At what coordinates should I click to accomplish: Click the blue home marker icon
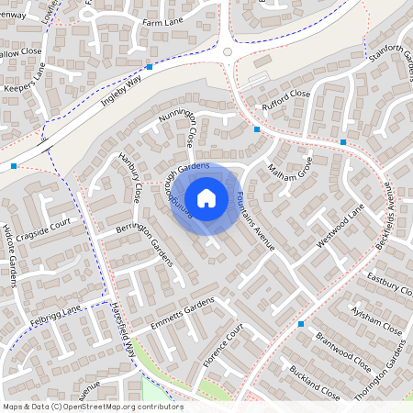206,197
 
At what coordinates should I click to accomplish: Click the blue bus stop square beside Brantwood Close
300,324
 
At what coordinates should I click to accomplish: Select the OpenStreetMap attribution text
93,407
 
